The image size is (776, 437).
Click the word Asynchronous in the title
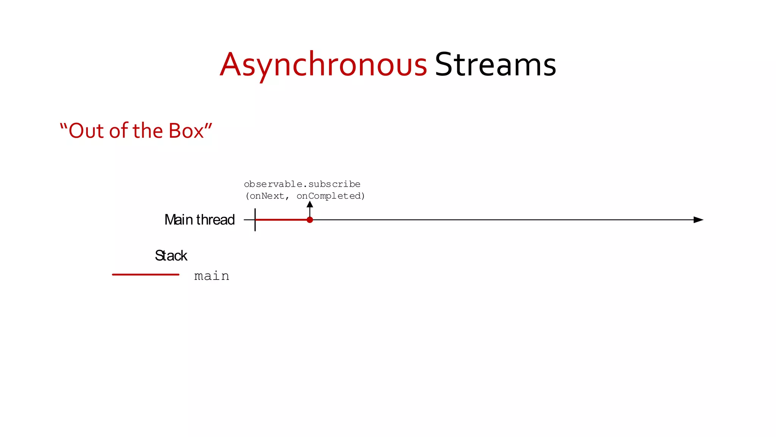pos(323,65)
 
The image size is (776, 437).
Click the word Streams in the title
pos(495,65)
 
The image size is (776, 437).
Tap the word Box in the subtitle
pos(186,131)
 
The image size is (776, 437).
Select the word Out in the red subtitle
pos(86,131)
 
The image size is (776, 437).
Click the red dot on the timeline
pos(310,220)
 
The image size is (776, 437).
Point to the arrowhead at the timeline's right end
pos(698,220)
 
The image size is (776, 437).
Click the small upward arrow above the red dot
pos(310,205)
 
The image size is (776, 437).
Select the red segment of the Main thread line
pos(282,220)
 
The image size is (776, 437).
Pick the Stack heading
pos(171,256)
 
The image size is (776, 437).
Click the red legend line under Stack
pos(145,275)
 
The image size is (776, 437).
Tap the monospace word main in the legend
pos(211,276)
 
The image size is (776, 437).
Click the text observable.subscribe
pos(302,184)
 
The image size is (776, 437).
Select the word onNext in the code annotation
pos(267,196)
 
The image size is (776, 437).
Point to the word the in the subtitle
pos(148,131)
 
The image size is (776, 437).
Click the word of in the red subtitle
pos(118,131)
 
